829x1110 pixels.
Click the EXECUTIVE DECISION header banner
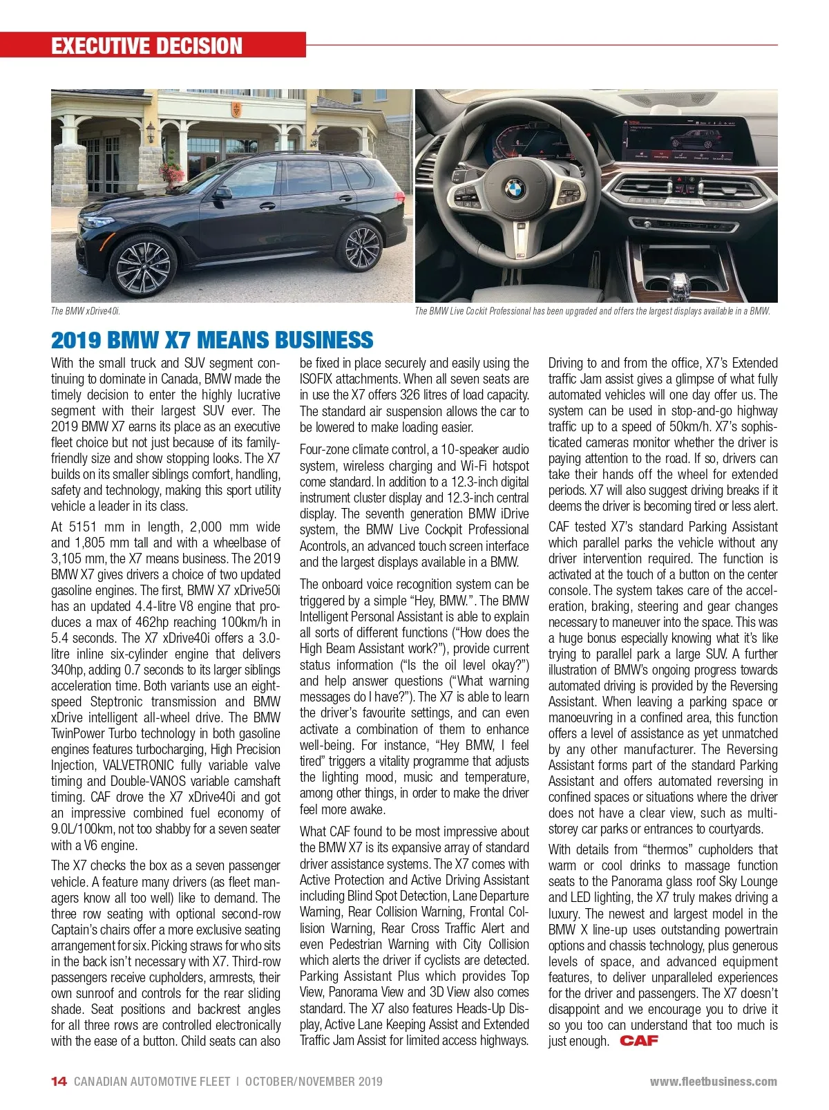(x=146, y=46)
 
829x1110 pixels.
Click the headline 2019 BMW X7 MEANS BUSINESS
(x=211, y=340)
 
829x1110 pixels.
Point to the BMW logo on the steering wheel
(x=514, y=188)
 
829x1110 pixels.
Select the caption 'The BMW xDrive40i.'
(x=86, y=311)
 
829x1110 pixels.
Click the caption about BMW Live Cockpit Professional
(x=592, y=311)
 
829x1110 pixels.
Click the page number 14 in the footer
(x=59, y=1082)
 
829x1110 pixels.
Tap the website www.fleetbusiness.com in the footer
(x=713, y=1082)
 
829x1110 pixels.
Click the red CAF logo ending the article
(x=639, y=1040)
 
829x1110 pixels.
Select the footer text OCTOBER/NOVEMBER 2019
(x=314, y=1082)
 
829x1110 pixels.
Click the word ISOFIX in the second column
(x=316, y=379)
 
